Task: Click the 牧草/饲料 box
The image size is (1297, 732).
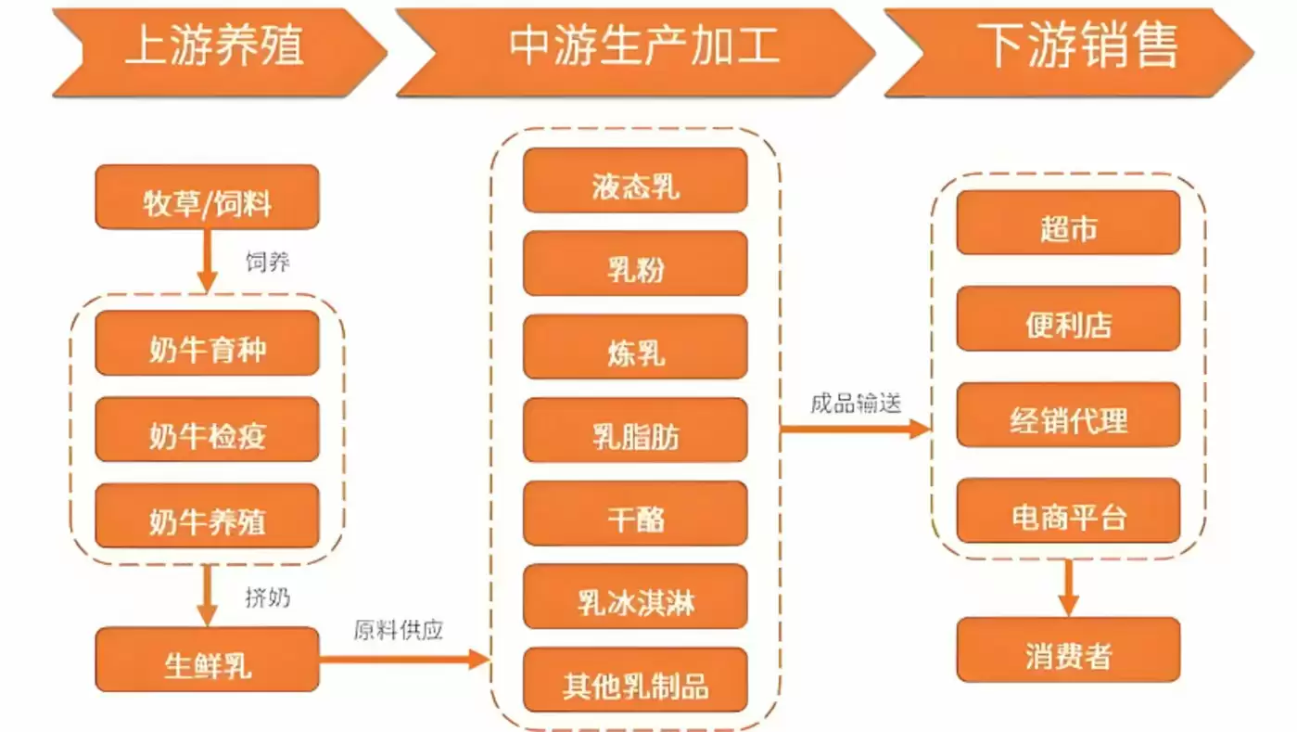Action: pyautogui.click(x=207, y=197)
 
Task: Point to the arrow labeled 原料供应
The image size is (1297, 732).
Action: pyautogui.click(x=403, y=660)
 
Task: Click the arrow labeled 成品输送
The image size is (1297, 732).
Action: pyautogui.click(x=854, y=429)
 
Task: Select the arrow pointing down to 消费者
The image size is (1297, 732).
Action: pyautogui.click(x=1068, y=586)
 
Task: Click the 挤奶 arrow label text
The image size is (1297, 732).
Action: pyautogui.click(x=267, y=597)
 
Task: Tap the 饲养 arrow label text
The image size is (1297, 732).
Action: pyautogui.click(x=267, y=263)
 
